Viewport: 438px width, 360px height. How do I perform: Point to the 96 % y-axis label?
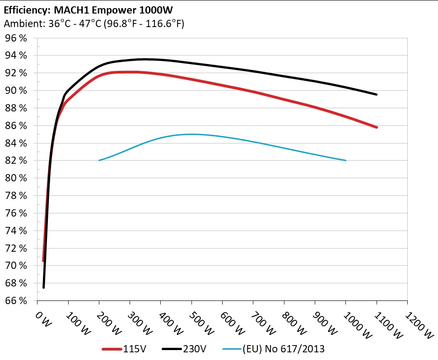coord(16,38)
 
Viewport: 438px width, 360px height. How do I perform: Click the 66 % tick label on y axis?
coord(16,300)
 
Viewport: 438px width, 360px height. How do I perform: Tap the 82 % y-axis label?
coord(16,161)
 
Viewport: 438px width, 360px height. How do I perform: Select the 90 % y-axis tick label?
coord(16,90)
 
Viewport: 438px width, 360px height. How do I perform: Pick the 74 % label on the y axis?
coord(16,231)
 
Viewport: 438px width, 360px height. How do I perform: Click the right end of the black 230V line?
coord(376,94)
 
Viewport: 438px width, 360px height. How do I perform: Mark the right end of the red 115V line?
coord(376,127)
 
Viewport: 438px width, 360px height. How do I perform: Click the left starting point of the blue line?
coord(99,160)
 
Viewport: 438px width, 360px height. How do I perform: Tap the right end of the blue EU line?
coord(345,160)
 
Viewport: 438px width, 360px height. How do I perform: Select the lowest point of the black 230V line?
coord(44,287)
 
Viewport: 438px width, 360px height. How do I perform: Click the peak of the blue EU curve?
coord(192,134)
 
